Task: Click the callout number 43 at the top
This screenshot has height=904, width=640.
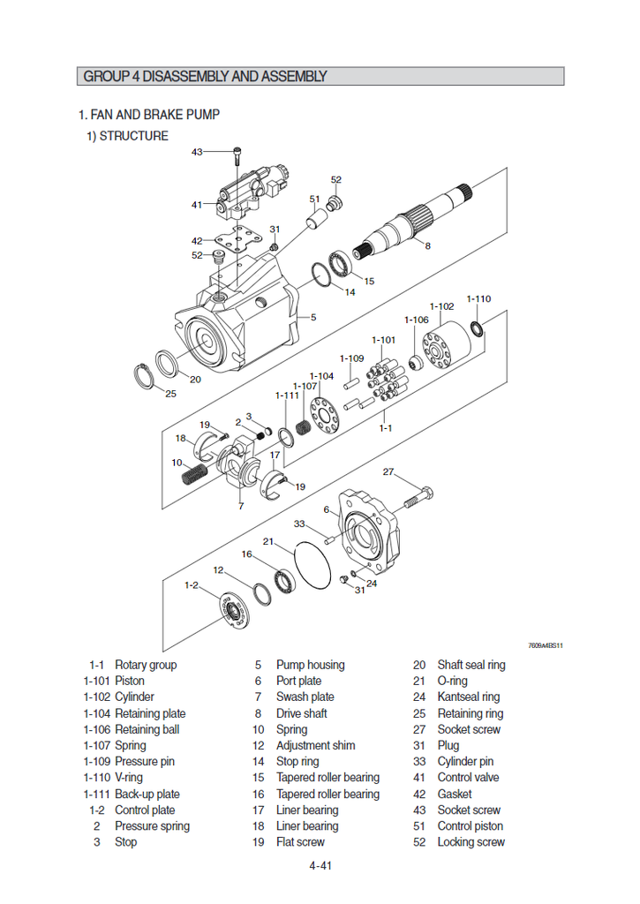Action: click(197, 152)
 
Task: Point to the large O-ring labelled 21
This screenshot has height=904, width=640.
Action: click(312, 565)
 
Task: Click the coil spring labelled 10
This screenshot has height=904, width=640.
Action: click(194, 474)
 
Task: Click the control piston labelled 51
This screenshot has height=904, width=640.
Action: click(316, 219)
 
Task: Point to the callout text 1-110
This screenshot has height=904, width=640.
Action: click(478, 298)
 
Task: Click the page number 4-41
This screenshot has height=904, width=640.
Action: click(320, 865)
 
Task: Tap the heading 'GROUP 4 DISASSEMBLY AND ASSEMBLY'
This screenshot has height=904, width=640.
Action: click(206, 76)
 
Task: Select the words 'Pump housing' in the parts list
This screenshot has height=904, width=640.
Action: click(310, 665)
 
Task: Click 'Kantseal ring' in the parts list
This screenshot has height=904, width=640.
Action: click(468, 697)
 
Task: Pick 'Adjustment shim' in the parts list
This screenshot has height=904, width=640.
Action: click(315, 745)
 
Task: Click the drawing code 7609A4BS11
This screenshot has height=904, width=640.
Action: click(546, 645)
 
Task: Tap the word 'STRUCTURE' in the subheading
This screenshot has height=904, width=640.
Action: click(134, 136)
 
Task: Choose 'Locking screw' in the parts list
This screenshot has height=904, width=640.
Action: click(471, 842)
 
